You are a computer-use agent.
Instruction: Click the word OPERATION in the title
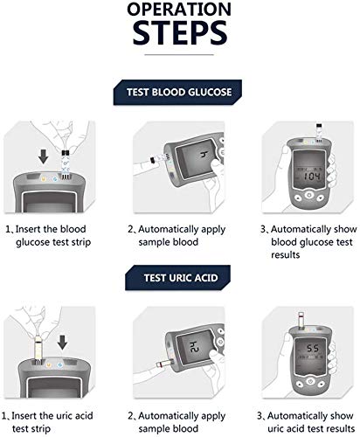pyautogui.click(x=180, y=11)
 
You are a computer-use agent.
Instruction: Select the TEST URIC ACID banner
pyautogui.click(x=180, y=281)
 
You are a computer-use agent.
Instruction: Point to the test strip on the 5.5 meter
pyautogui.click(x=302, y=317)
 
